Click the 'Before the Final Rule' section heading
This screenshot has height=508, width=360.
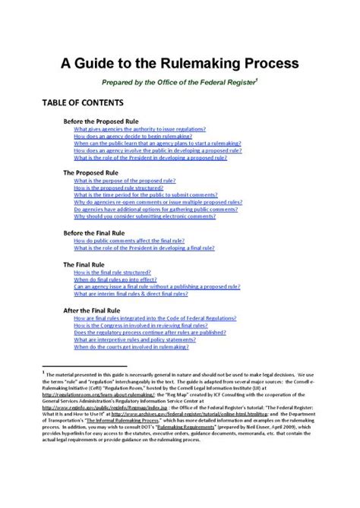pos(96,232)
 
